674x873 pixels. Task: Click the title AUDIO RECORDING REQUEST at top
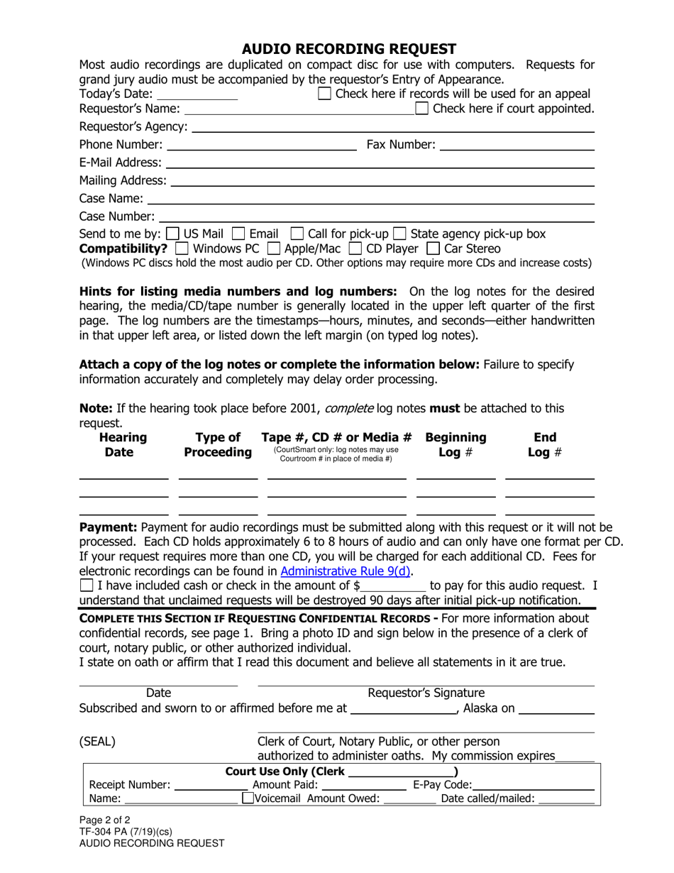(348, 49)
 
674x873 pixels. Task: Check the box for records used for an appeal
(324, 94)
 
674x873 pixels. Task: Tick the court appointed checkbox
(422, 109)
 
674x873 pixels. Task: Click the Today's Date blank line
(197, 95)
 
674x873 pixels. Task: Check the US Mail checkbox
(172, 234)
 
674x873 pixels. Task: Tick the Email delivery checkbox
(238, 234)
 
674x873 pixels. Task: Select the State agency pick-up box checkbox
(399, 234)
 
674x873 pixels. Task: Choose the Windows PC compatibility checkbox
(181, 248)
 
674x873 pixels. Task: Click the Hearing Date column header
(123, 445)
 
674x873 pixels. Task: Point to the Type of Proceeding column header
(218, 445)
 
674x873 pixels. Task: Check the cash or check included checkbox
(87, 586)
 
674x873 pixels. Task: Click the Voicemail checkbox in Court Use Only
(248, 798)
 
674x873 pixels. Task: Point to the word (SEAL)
(97, 742)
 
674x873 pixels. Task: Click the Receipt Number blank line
(210, 785)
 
